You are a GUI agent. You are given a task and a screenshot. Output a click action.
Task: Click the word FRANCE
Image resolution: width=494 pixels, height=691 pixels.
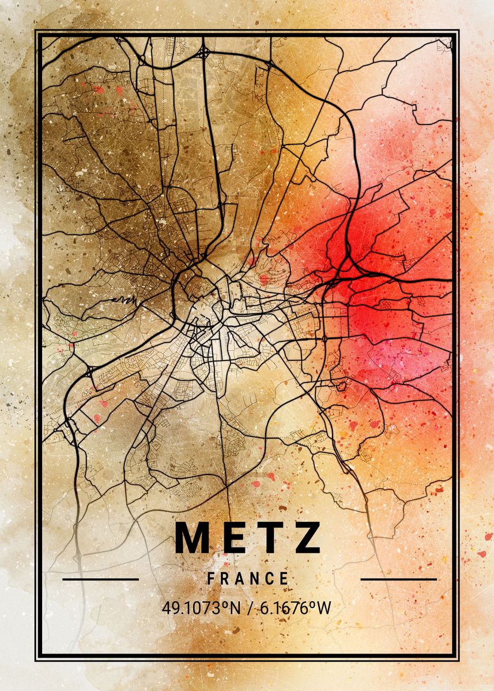coord(248,579)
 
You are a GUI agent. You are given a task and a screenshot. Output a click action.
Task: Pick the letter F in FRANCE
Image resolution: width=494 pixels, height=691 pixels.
coord(212,579)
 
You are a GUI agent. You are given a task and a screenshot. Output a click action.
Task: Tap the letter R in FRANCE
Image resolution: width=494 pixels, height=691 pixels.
coord(225,579)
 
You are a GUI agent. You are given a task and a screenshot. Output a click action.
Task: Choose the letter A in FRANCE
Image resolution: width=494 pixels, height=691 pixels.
coord(240,579)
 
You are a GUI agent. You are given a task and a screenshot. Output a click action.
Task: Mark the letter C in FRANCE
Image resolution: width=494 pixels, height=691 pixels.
coord(270,579)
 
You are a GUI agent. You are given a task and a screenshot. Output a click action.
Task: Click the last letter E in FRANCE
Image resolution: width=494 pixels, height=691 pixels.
coord(284,579)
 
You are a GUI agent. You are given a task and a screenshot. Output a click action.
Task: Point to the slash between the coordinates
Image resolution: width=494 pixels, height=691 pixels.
coord(250,608)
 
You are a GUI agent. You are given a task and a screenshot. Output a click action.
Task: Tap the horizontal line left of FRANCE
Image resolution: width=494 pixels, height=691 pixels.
coord(100,579)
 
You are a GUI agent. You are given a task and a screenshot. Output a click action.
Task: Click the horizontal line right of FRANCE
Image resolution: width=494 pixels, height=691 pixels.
coord(398,579)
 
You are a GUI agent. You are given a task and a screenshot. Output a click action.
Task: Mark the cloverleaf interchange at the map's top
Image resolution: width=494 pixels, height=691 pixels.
coord(204,52)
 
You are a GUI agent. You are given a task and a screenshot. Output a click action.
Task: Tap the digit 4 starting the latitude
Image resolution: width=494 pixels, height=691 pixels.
coord(166,608)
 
